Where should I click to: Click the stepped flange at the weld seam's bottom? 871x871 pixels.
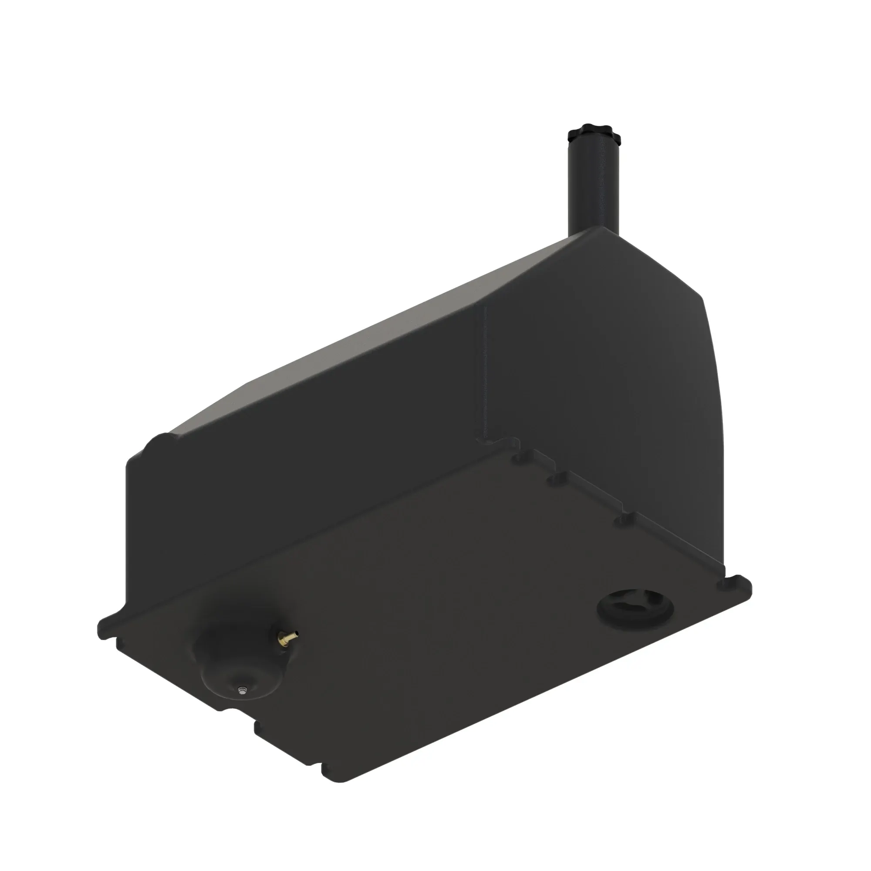pos(496,439)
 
